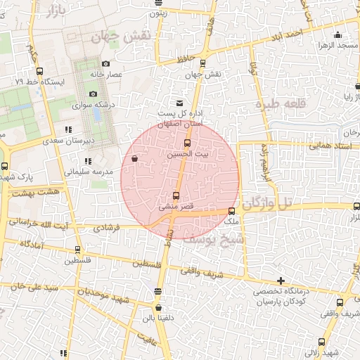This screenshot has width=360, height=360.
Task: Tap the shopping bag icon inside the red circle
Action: [x=134, y=159]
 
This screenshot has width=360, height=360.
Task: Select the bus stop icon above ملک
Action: [x=231, y=211]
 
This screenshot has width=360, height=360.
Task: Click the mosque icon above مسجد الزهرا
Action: [x=339, y=34]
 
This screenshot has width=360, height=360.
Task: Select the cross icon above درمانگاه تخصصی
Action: [x=281, y=281]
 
